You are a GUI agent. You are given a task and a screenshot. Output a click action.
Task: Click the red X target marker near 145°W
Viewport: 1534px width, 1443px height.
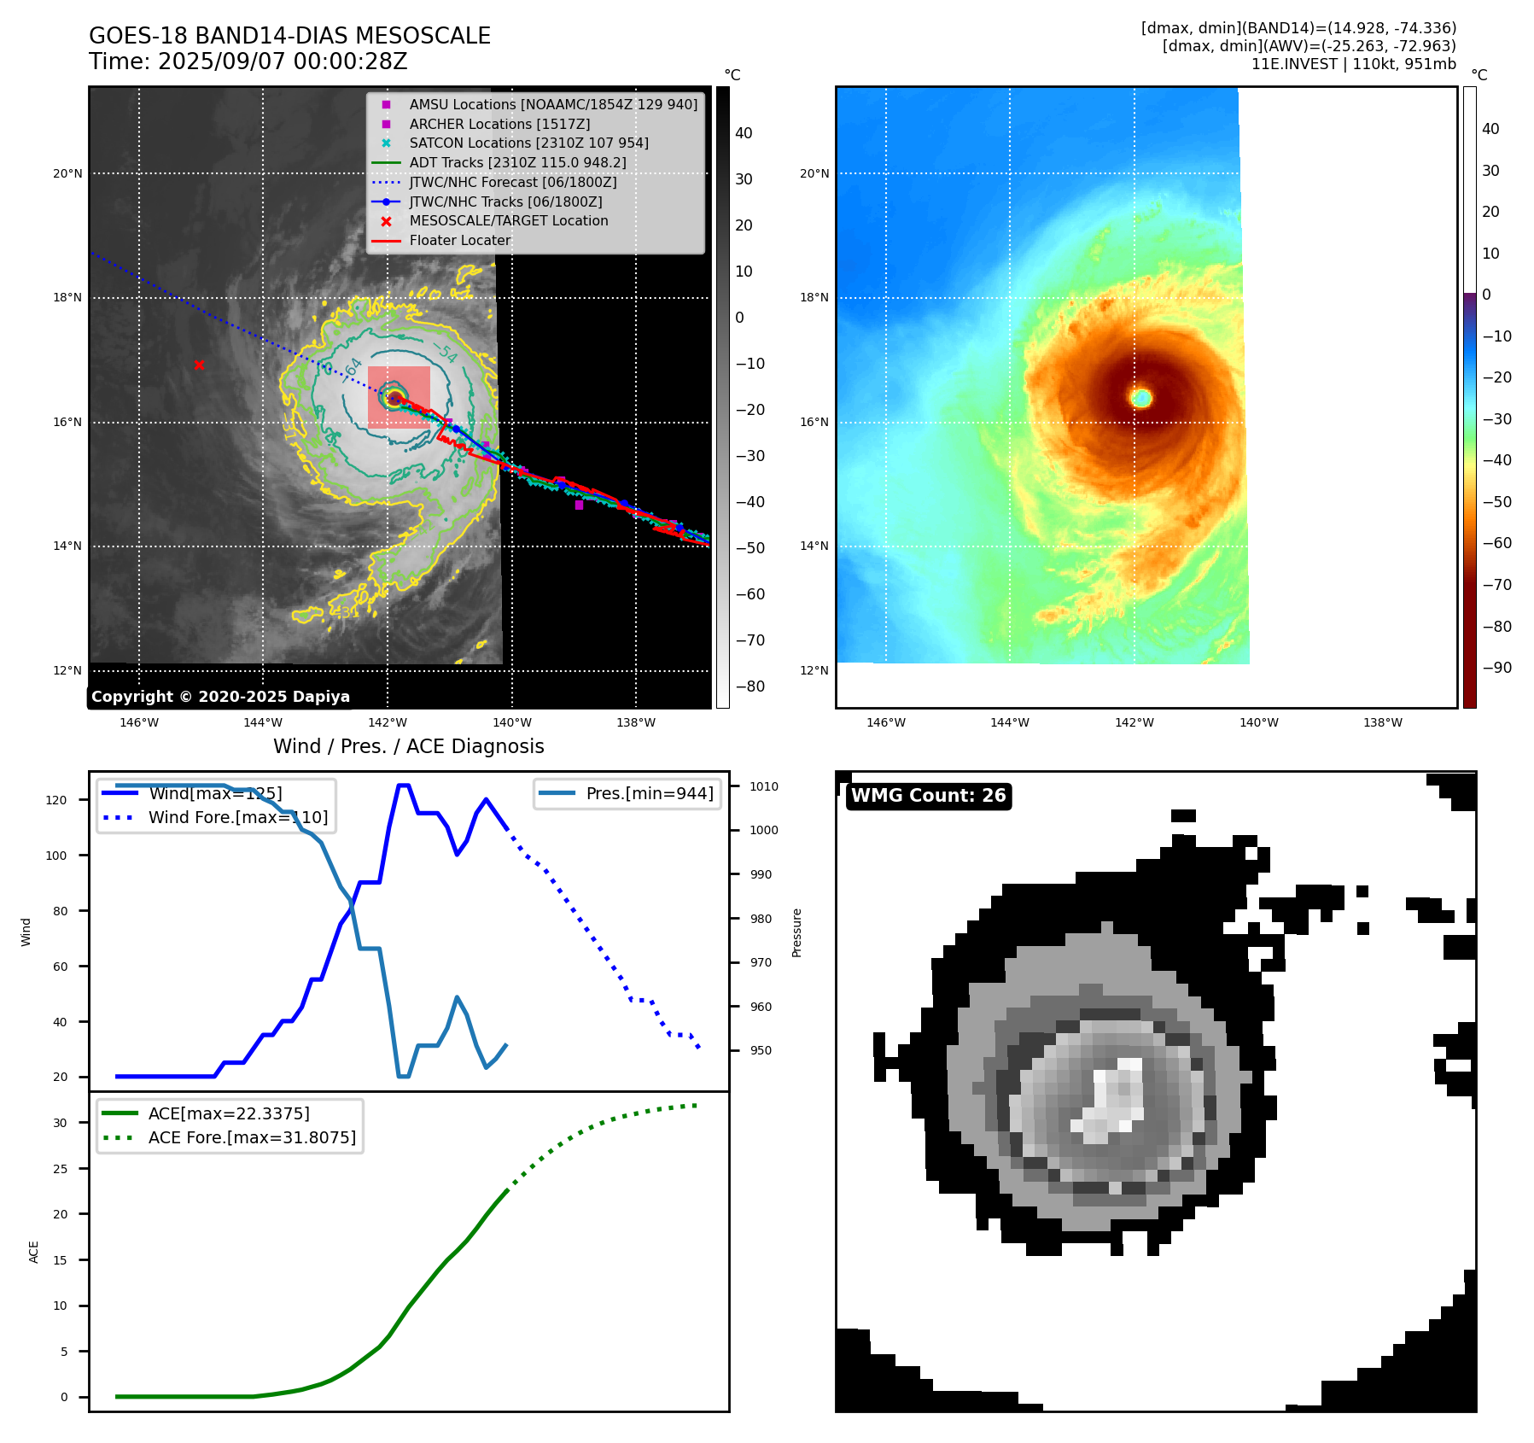tap(199, 365)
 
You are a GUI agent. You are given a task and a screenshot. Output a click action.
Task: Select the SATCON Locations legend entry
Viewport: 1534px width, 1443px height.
tap(528, 143)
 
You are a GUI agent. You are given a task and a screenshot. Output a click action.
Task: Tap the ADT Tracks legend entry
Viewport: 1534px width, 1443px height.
tap(517, 162)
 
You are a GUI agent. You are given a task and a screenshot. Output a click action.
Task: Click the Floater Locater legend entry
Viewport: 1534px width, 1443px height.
tap(459, 240)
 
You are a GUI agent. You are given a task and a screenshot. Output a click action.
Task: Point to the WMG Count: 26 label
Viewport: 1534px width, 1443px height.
tap(928, 796)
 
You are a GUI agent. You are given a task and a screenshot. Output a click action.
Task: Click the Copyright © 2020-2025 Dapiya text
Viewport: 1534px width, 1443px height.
tap(220, 697)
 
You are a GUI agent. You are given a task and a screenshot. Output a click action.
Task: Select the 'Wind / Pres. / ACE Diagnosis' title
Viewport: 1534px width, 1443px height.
tap(408, 746)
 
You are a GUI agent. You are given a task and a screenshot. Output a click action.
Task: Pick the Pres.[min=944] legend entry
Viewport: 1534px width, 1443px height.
tap(649, 793)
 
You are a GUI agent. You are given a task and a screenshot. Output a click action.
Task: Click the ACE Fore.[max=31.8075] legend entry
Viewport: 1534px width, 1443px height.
tap(252, 1137)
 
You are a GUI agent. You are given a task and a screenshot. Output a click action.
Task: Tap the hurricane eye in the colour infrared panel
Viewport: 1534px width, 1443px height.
tap(1141, 397)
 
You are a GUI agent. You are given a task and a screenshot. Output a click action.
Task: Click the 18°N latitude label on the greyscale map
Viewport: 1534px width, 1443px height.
tap(68, 298)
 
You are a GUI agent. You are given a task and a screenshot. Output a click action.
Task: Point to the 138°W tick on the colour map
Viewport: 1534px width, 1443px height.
tap(1382, 723)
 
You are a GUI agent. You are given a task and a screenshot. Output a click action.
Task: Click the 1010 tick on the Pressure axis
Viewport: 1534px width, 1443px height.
tap(764, 786)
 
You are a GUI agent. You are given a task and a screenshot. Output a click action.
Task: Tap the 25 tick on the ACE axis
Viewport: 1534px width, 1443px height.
tap(60, 1169)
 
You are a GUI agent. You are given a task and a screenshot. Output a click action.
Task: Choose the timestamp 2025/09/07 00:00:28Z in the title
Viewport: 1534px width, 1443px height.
tap(283, 62)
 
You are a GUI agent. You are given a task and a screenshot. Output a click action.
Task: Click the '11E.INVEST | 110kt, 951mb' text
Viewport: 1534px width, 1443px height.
tap(1353, 64)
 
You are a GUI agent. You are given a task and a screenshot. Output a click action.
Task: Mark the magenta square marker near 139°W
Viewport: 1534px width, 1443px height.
tap(579, 505)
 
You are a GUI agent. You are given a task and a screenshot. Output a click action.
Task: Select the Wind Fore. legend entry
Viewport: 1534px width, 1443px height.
tap(237, 817)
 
